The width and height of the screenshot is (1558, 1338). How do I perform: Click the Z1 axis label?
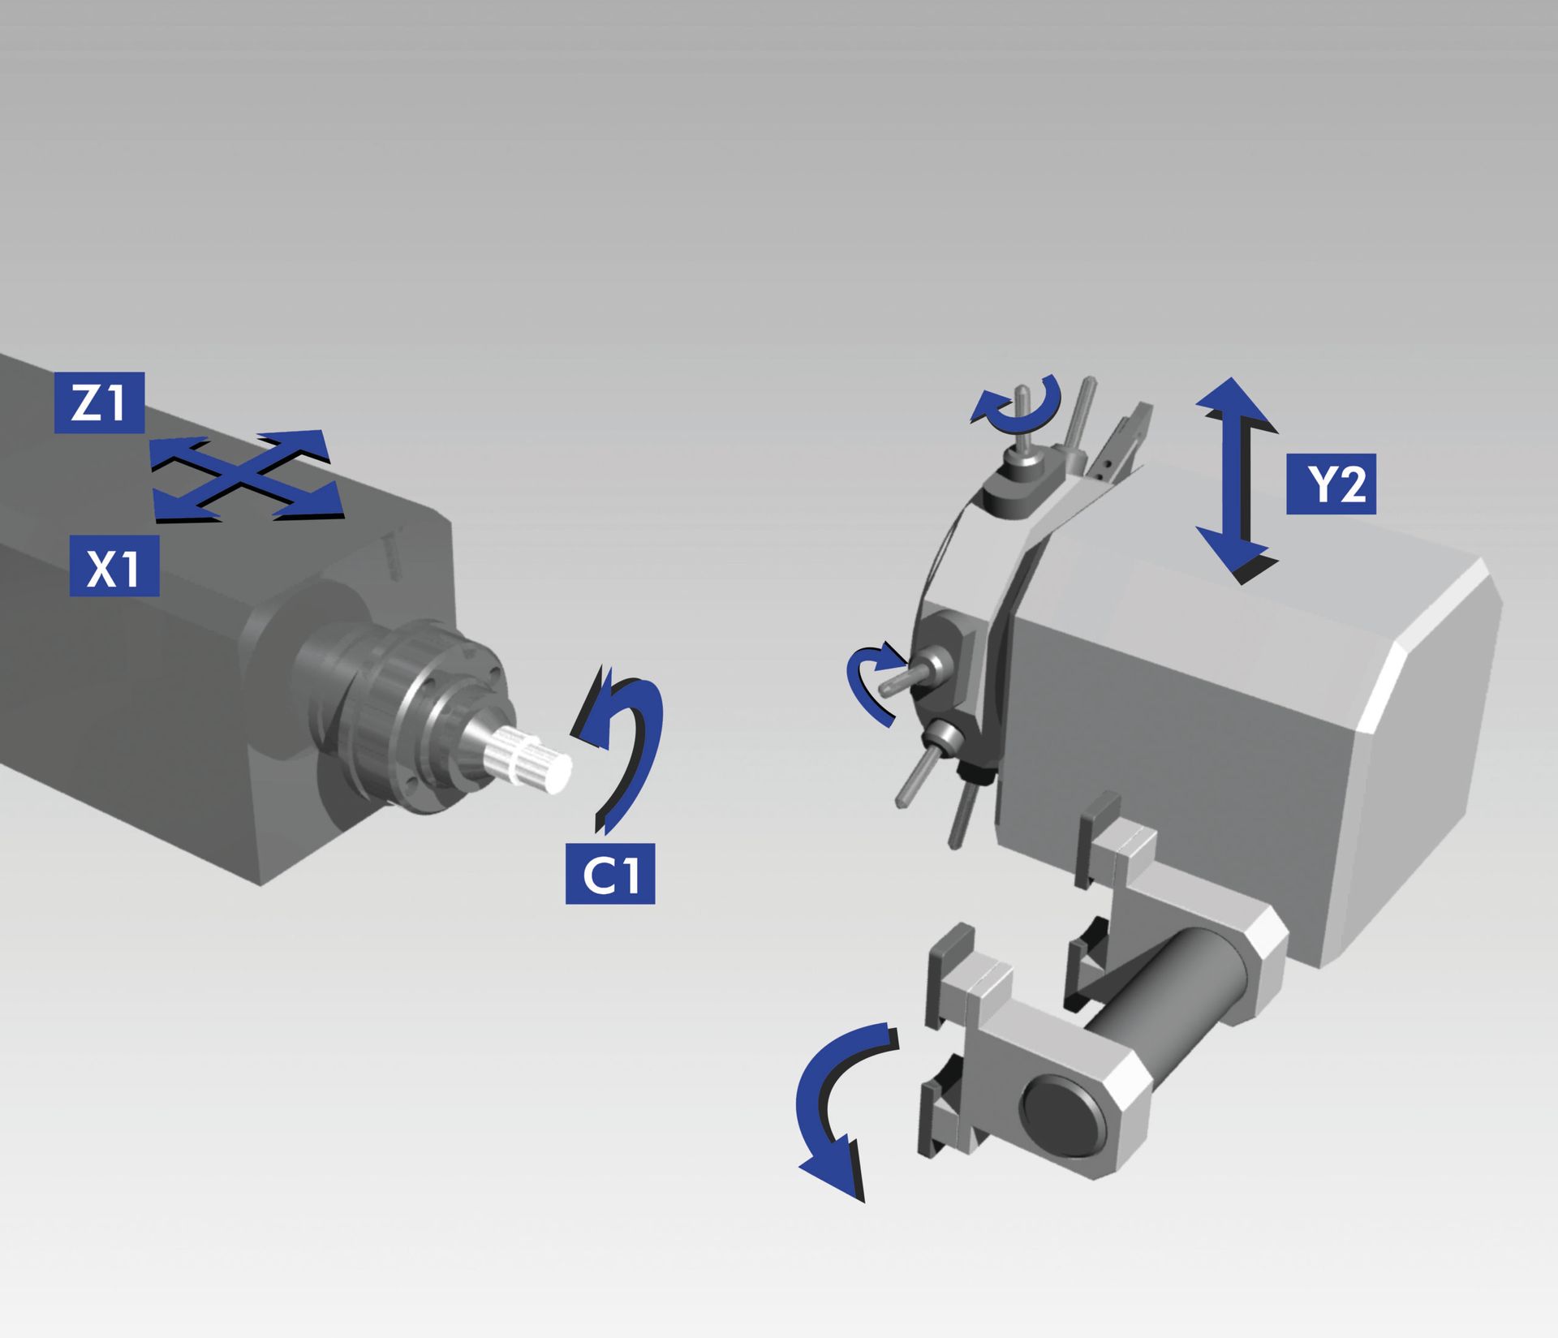click(x=99, y=402)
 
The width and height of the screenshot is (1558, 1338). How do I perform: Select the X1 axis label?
click(x=114, y=566)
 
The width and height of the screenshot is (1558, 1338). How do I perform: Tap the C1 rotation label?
click(x=610, y=874)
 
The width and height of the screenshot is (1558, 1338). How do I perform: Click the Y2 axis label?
click(x=1331, y=484)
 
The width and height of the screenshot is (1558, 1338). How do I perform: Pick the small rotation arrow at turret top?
click(x=1018, y=402)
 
